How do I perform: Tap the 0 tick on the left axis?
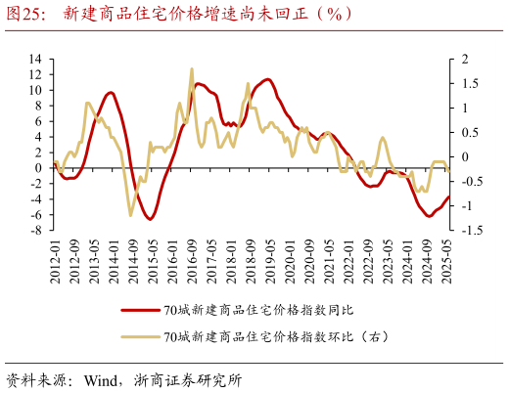pyautogui.click(x=36, y=168)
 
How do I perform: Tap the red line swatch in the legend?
pyautogui.click(x=139, y=311)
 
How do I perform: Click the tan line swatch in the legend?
pyautogui.click(x=139, y=337)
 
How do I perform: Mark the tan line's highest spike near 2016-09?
pyautogui.click(x=191, y=68)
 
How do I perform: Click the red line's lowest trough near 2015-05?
pyautogui.click(x=151, y=219)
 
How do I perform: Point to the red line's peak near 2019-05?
pyautogui.click(x=267, y=79)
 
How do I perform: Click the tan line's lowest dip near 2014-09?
pyautogui.click(x=131, y=215)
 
